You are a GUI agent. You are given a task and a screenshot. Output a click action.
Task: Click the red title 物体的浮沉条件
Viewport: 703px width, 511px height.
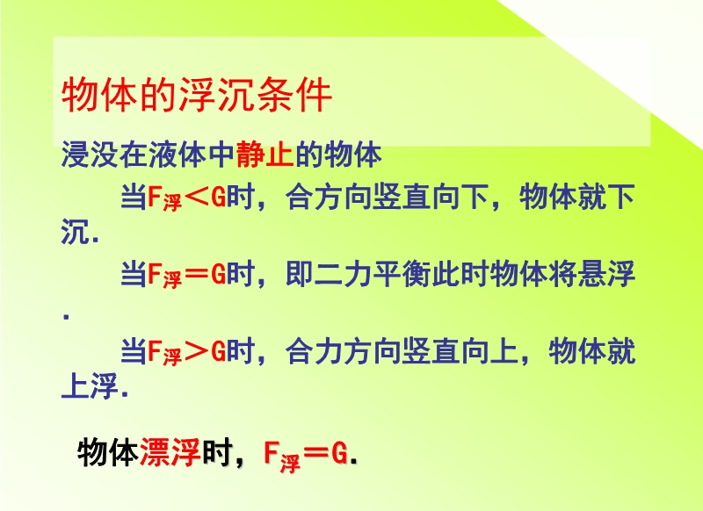point(196,95)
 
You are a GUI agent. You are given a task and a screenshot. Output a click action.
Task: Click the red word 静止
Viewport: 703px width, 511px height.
point(265,155)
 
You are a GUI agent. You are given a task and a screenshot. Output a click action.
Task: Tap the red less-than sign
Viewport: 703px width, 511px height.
point(197,198)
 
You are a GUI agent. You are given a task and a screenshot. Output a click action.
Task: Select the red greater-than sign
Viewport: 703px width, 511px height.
point(197,351)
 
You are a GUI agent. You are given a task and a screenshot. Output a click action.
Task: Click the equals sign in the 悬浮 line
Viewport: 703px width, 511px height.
point(197,274)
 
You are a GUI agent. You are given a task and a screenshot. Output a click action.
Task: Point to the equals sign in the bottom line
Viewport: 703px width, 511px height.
point(317,454)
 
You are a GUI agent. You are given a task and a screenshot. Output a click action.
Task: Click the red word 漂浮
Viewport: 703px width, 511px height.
point(170,452)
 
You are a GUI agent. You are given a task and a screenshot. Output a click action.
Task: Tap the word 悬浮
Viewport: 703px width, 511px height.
point(606,274)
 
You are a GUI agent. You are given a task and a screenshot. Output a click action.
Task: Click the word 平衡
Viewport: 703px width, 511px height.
point(402,274)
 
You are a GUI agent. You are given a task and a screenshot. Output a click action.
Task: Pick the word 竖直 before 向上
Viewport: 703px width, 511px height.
point(431,351)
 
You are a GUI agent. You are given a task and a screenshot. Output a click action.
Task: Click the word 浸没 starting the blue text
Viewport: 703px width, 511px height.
point(90,155)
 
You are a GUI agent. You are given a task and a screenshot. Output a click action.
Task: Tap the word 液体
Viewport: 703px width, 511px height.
point(178,155)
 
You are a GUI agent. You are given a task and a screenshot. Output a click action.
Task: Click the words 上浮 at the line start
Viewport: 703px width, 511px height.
point(90,385)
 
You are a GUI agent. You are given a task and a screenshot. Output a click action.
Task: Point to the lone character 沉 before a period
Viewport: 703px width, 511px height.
point(76,231)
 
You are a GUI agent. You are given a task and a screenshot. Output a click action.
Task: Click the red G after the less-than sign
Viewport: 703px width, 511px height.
point(218,198)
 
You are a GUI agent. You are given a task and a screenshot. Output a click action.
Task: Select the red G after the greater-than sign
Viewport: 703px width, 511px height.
point(218,351)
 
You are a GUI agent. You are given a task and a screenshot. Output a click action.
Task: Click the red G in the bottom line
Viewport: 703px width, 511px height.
point(340,454)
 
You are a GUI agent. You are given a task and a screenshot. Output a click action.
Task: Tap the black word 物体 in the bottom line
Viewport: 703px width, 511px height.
point(107,452)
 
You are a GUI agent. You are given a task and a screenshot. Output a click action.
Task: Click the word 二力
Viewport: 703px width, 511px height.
point(343,274)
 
